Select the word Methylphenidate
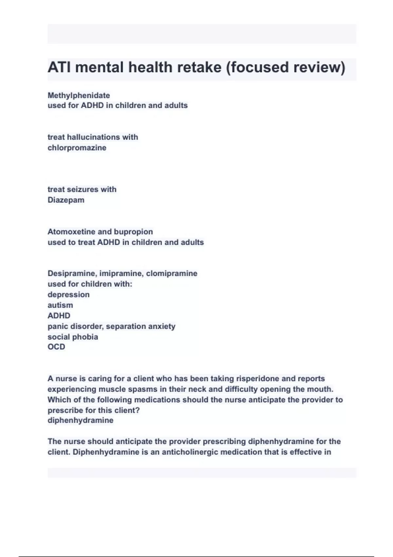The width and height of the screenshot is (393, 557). [x=79, y=95]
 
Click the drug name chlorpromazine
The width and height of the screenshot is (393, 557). [x=77, y=148]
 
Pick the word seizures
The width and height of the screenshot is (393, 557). [x=78, y=189]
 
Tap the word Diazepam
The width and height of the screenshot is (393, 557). [x=66, y=200]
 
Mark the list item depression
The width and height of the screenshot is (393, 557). [x=68, y=295]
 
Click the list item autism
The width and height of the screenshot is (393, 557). [x=60, y=305]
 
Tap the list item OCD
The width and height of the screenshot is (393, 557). [x=56, y=347]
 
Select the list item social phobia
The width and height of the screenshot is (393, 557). [x=73, y=337]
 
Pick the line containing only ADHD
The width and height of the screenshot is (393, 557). [x=59, y=316]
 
